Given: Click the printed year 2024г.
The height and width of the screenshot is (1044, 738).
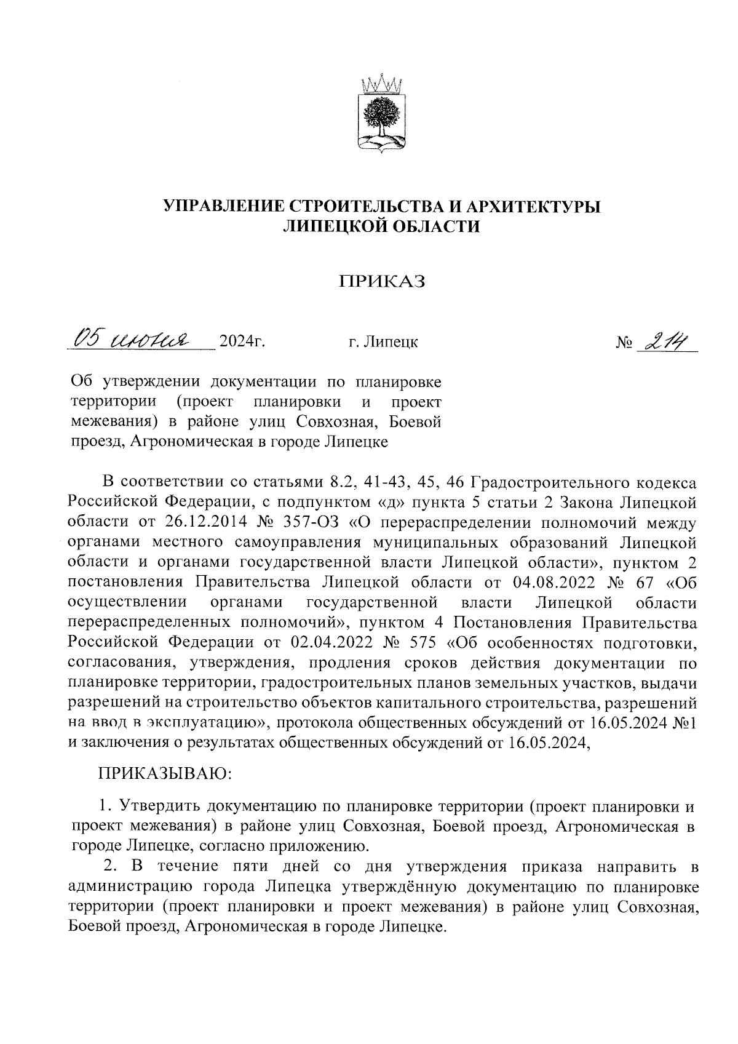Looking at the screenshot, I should pyautogui.click(x=242, y=341).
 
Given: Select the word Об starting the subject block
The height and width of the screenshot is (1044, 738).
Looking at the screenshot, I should pyautogui.click(x=81, y=382).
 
